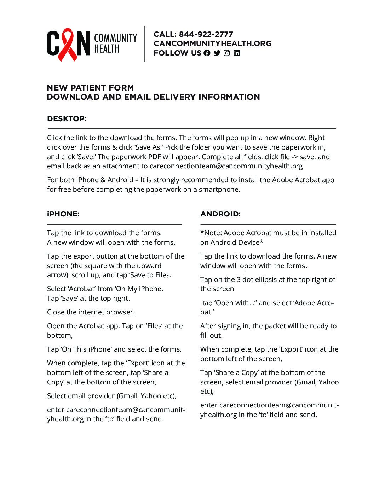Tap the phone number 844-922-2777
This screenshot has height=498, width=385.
click(206, 34)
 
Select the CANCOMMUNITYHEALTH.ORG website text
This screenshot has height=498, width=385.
click(212, 44)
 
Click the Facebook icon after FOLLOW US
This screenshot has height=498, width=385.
click(207, 53)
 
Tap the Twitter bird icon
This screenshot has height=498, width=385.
click(217, 53)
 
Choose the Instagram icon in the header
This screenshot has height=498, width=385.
click(227, 53)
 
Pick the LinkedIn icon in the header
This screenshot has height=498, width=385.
click(237, 53)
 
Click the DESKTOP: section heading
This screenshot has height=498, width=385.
click(67, 119)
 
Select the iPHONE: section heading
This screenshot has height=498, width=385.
click(63, 214)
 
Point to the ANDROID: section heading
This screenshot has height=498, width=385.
click(220, 214)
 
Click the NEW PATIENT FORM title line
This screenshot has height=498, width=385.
click(90, 88)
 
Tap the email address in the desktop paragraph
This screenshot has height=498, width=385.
click(226, 166)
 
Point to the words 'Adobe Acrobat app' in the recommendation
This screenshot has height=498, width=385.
click(303, 180)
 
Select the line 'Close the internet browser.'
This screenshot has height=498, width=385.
click(91, 312)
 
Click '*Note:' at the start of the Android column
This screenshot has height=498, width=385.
click(211, 233)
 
